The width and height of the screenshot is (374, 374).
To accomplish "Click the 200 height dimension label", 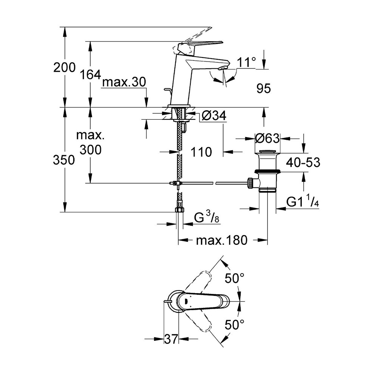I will (64, 68).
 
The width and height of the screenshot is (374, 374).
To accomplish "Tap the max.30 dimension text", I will (124, 82).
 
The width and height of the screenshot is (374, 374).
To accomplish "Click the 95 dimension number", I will (264, 89).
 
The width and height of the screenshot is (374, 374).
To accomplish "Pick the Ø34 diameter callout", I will (213, 117).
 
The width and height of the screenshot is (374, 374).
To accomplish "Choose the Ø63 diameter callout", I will (267, 138).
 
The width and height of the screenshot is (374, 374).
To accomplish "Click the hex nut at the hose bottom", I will (180, 210).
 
